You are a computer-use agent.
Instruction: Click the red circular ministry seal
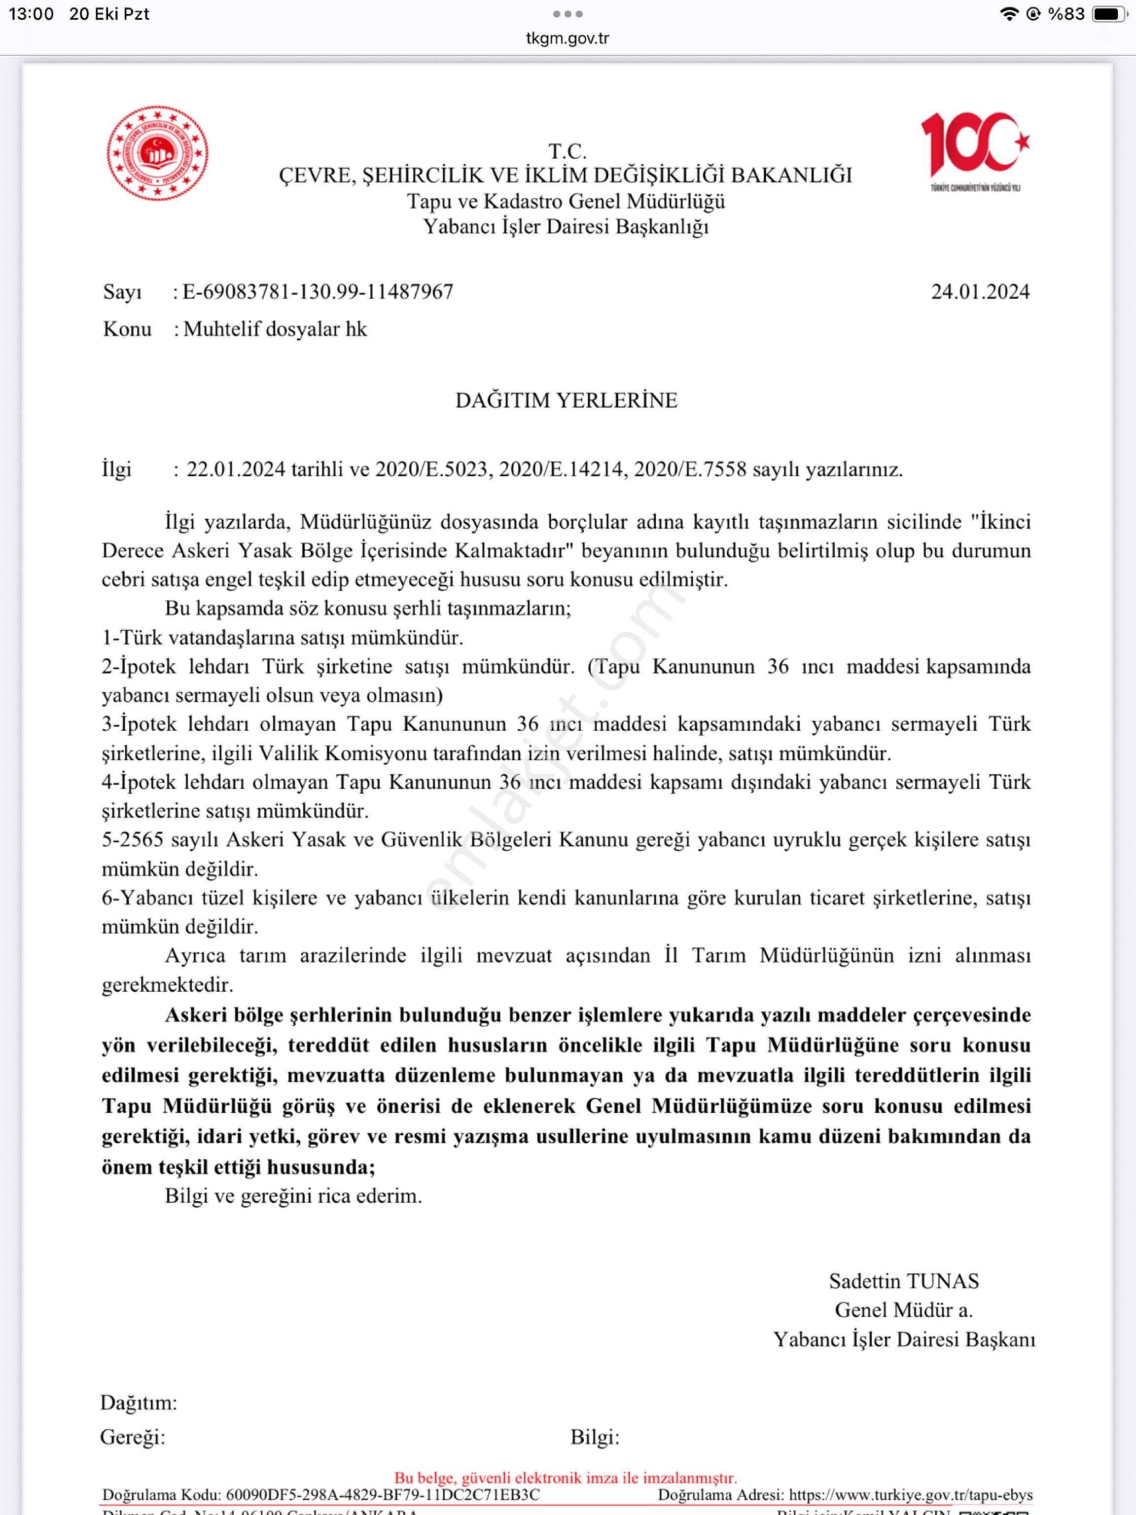(x=157, y=153)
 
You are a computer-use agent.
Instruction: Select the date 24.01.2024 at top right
(x=980, y=292)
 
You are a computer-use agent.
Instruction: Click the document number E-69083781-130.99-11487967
(x=318, y=292)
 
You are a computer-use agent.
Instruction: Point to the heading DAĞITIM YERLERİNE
(x=567, y=400)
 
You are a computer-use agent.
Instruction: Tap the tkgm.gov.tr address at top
(x=567, y=38)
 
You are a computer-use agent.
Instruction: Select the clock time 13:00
(x=31, y=14)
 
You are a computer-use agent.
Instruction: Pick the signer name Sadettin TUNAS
(x=904, y=1281)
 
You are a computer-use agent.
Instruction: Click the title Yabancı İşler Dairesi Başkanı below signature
(x=904, y=1339)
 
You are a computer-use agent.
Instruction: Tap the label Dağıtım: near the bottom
(x=139, y=1403)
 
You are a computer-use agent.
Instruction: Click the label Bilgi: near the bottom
(x=594, y=1437)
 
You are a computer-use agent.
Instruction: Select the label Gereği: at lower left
(x=133, y=1437)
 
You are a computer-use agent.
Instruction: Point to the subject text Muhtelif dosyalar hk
(x=275, y=329)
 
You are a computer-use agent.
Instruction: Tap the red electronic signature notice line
(x=566, y=1478)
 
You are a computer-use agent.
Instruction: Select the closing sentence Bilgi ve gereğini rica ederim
(x=293, y=1196)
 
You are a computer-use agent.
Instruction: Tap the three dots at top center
(x=568, y=14)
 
